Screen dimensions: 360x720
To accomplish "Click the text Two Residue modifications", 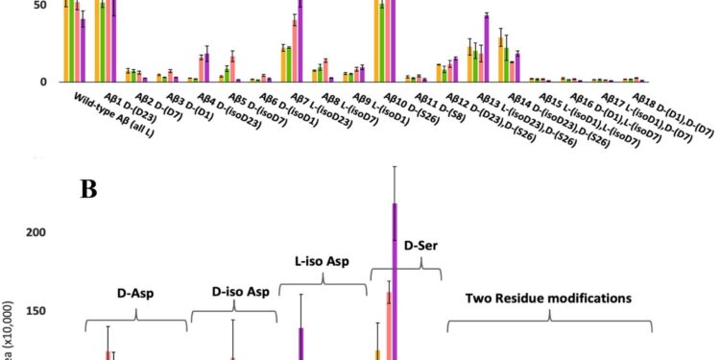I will click(x=548, y=298).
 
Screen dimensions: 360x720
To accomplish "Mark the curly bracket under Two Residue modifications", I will click(x=549, y=324).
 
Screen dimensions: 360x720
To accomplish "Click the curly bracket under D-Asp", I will click(x=136, y=315).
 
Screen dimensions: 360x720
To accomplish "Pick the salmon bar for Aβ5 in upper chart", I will click(x=232, y=68).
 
